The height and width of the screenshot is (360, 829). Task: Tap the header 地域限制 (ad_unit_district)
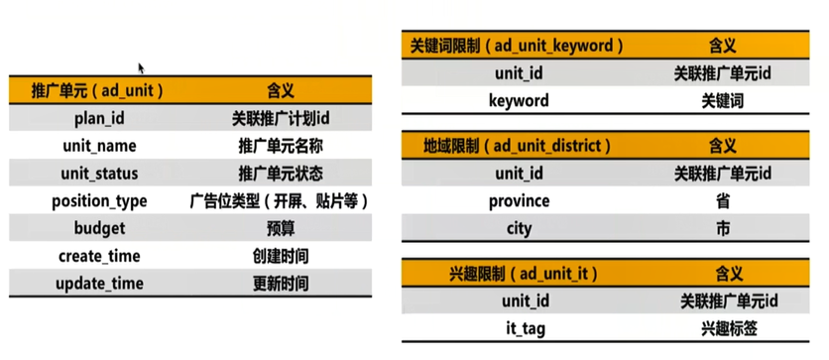(512, 146)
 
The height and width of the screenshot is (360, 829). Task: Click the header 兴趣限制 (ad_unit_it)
(505, 272)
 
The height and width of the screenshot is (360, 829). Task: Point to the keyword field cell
(519, 100)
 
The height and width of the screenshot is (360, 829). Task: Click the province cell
(519, 201)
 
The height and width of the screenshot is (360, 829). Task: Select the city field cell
(519, 228)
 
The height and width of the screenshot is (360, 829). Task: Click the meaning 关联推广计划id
(281, 118)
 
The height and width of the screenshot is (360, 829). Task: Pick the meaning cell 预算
(281, 229)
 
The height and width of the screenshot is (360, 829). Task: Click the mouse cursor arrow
(142, 68)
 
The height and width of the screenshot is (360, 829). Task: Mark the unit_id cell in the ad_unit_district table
(519, 174)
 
